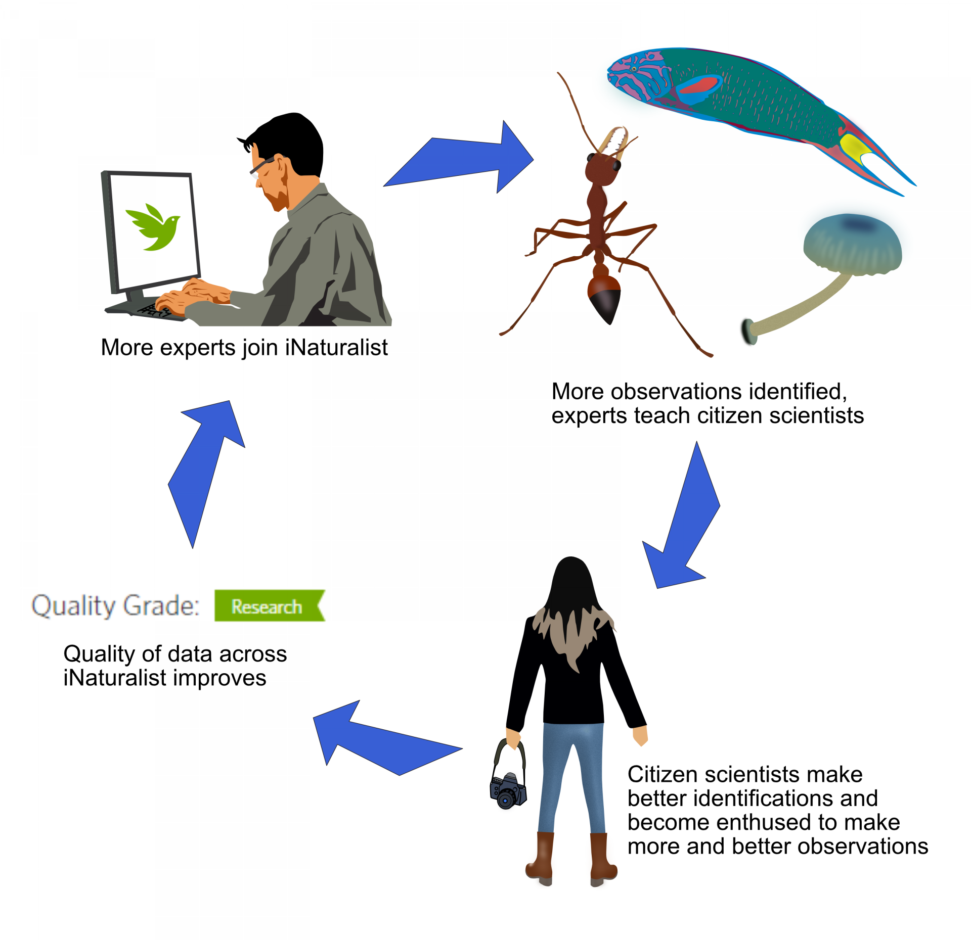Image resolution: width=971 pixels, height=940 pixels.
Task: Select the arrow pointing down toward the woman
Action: (683, 521)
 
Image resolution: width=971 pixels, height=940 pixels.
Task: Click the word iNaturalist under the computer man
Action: (336, 348)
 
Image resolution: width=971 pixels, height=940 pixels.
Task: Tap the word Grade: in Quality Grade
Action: (161, 605)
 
